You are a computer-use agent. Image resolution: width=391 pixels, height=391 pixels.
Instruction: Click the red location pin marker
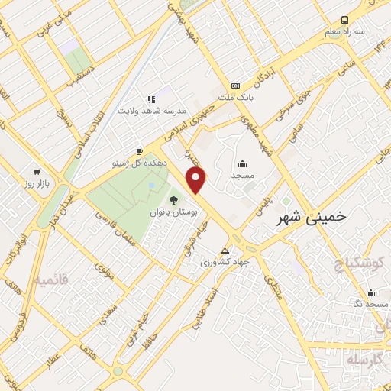tap(197, 180)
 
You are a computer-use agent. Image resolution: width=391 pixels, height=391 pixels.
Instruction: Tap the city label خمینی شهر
tap(310, 216)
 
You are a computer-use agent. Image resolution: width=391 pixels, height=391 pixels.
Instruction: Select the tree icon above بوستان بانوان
tap(173, 201)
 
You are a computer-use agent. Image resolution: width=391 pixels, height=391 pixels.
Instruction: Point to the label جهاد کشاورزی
tap(225, 262)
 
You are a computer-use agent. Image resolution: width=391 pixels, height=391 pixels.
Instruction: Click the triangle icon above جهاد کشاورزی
tap(225, 250)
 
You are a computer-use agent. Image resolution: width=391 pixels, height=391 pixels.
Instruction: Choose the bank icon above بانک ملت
tap(235, 86)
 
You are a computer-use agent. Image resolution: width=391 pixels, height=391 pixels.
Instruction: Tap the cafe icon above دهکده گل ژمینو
tap(138, 150)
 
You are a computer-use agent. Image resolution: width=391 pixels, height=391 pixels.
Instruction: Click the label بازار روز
tap(36, 184)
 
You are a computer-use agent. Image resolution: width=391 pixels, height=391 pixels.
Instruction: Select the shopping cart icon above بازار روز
tap(36, 171)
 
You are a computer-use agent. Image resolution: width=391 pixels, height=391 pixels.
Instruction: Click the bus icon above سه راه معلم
tap(345, 19)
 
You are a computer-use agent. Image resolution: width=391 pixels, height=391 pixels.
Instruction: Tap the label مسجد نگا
tap(371, 305)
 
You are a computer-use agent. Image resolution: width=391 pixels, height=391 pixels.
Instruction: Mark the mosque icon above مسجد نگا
tap(370, 292)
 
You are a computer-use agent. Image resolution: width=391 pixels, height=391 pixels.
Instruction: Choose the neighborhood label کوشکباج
tap(364, 264)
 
